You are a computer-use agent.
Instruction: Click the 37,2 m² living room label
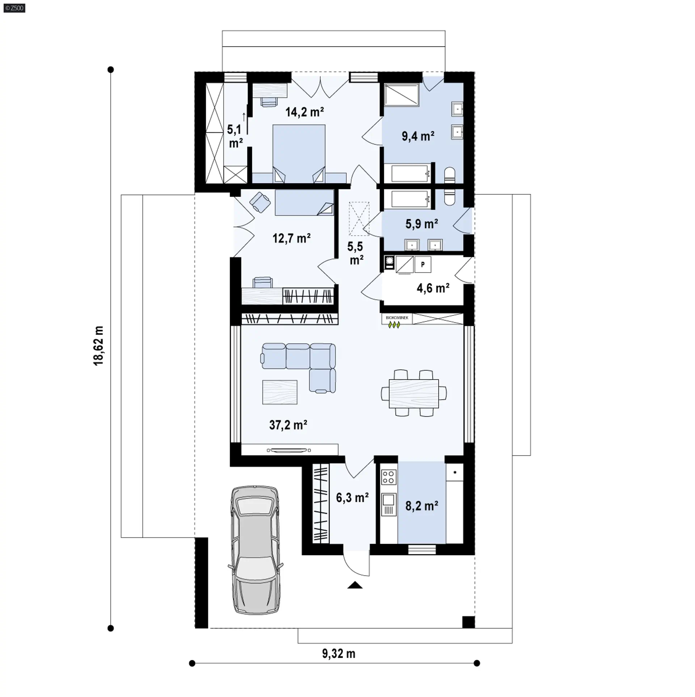[288, 425]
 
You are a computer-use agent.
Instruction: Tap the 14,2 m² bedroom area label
[304, 112]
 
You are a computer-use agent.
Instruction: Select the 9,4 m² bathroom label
[418, 136]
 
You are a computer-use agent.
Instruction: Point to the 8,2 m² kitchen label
[422, 506]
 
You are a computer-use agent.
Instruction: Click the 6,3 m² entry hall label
[352, 497]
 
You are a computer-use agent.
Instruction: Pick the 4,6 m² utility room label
[433, 288]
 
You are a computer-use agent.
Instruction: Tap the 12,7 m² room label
[291, 238]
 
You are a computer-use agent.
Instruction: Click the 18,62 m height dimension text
[99, 345]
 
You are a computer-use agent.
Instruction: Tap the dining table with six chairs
[414, 393]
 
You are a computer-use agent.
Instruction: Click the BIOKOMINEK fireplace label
[397, 318]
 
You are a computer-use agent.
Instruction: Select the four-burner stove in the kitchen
[388, 476]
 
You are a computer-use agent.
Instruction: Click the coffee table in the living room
[280, 392]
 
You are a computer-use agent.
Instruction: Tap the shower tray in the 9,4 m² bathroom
[402, 95]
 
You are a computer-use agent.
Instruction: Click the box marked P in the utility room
[422, 265]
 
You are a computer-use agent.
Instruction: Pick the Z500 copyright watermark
[14, 8]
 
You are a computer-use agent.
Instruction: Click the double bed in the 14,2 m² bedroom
[299, 154]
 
